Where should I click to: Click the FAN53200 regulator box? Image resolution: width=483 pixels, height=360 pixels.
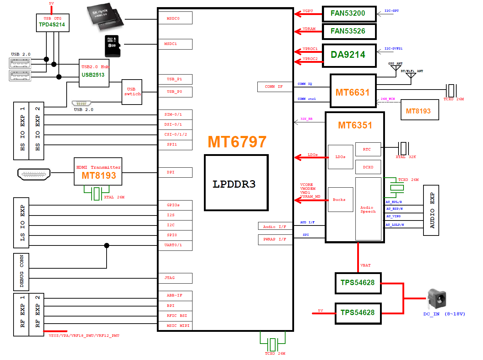coord(349,14)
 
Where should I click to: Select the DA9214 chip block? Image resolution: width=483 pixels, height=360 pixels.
coord(349,55)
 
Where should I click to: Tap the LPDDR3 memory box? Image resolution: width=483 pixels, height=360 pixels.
coord(236,183)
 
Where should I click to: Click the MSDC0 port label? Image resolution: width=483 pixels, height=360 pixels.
coord(175,18)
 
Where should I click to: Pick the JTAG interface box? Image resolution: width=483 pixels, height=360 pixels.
coord(175,278)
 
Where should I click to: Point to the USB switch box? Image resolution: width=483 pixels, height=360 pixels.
coord(132,92)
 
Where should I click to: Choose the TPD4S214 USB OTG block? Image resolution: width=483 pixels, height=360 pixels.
coord(52,23)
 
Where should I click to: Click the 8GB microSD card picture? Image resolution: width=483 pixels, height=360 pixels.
coord(112,46)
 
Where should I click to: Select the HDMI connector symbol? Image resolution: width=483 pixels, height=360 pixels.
coord(34,174)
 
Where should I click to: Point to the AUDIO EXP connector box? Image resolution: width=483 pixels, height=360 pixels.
coord(431,211)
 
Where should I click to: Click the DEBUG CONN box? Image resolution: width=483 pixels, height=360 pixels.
coord(21,272)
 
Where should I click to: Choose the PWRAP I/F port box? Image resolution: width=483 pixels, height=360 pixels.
coord(275,239)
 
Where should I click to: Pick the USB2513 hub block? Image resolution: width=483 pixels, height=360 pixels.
coord(94,73)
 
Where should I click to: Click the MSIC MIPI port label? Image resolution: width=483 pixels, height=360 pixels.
coord(175,326)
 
